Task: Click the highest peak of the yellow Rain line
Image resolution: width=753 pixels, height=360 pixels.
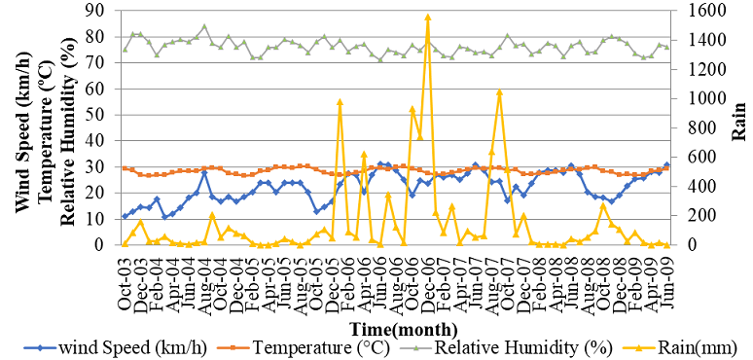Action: coord(427,17)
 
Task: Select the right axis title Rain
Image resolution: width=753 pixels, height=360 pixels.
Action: coord(742,126)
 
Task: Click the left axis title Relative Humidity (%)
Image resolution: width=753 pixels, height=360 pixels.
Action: coord(67,126)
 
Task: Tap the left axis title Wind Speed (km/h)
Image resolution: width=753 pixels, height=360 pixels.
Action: coord(21,126)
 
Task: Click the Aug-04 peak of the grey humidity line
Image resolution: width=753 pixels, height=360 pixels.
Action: coord(204,26)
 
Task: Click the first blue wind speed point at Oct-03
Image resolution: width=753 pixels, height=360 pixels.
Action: coord(125,216)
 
